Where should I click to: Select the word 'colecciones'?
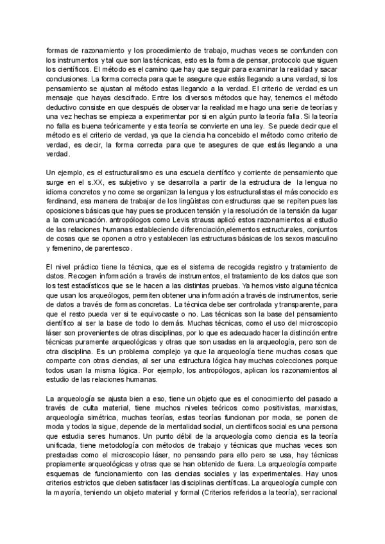(x=282, y=370)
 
